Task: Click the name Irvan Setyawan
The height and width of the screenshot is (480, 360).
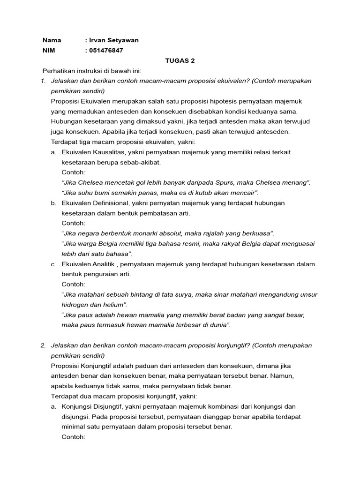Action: pyautogui.click(x=113, y=40)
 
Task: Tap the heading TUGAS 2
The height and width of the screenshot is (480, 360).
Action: pyautogui.click(x=180, y=61)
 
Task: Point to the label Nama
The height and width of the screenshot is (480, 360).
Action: pyautogui.click(x=52, y=40)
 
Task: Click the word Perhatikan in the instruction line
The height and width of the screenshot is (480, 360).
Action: pyautogui.click(x=60, y=71)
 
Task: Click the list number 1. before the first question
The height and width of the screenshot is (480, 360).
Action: pyautogui.click(x=43, y=81)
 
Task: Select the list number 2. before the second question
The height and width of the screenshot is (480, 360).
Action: pyautogui.click(x=43, y=345)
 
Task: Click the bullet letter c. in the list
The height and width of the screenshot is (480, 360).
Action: pyautogui.click(x=54, y=264)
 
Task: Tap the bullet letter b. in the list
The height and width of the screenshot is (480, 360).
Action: pyautogui.click(x=54, y=203)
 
